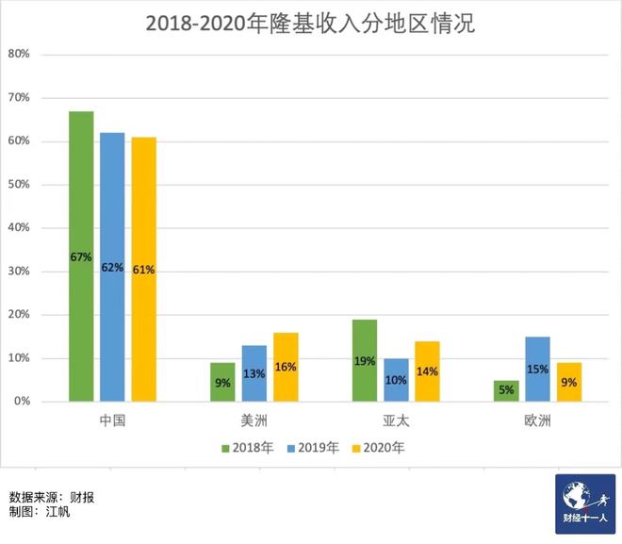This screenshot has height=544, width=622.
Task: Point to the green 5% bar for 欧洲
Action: pos(507,390)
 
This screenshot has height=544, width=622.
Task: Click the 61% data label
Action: pos(143,270)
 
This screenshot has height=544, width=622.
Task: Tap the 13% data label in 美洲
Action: pos(254,372)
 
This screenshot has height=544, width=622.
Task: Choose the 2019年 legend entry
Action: pos(315,448)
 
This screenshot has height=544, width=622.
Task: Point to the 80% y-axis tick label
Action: pos(20,54)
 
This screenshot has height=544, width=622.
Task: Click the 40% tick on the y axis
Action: pos(20,227)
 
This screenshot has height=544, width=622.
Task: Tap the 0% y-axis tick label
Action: pos(23,402)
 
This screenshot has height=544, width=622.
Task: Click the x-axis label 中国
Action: pos(112,420)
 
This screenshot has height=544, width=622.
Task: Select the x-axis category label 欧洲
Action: pos(538,420)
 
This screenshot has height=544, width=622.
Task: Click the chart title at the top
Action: pos(310,24)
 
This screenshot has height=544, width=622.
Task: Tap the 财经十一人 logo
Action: pos(585,503)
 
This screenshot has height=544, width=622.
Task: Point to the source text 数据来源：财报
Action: pos(52,497)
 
